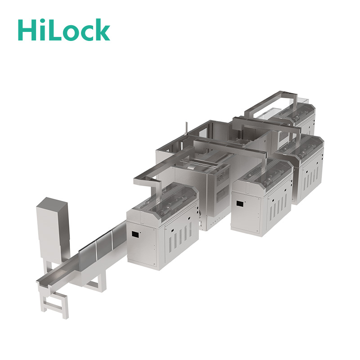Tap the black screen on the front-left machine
(x=135, y=234)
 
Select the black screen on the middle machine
(x=240, y=204)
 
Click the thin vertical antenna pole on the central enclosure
(x=186, y=129)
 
